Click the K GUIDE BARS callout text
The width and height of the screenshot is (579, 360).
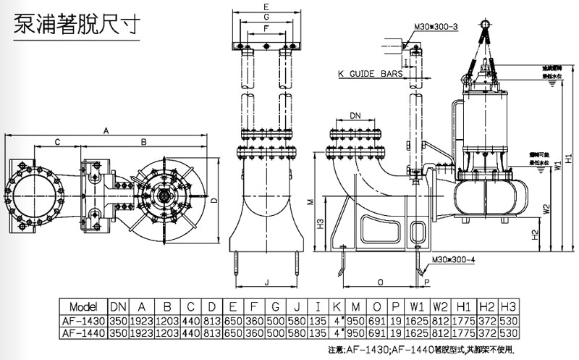pyautogui.click(x=371, y=74)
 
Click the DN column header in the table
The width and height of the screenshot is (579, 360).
pyautogui.click(x=118, y=305)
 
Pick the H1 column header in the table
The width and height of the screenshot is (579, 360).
pyautogui.click(x=465, y=305)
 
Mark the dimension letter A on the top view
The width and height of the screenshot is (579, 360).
pyautogui.click(x=106, y=130)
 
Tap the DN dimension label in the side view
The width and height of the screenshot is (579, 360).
pyautogui.click(x=355, y=115)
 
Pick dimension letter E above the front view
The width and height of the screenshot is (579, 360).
pyautogui.click(x=267, y=6)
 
